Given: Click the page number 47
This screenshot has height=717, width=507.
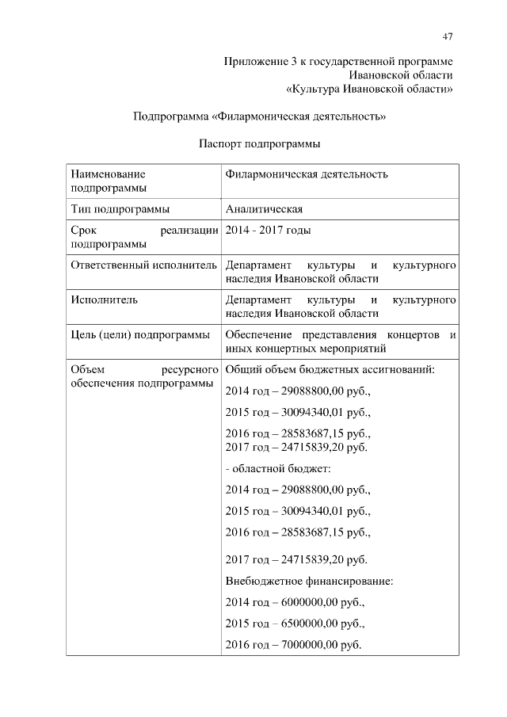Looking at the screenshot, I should point(448,36).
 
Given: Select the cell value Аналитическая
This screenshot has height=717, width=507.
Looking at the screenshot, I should point(265,209).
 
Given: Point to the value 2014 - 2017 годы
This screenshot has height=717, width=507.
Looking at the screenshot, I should point(268,231).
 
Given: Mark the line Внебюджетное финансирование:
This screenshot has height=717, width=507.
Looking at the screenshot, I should point(309,582).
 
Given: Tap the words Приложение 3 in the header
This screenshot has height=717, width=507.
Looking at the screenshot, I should point(257,61).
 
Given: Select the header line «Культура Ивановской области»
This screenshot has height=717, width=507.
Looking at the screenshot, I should point(369,89).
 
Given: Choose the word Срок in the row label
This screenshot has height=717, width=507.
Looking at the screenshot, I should point(83,231).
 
